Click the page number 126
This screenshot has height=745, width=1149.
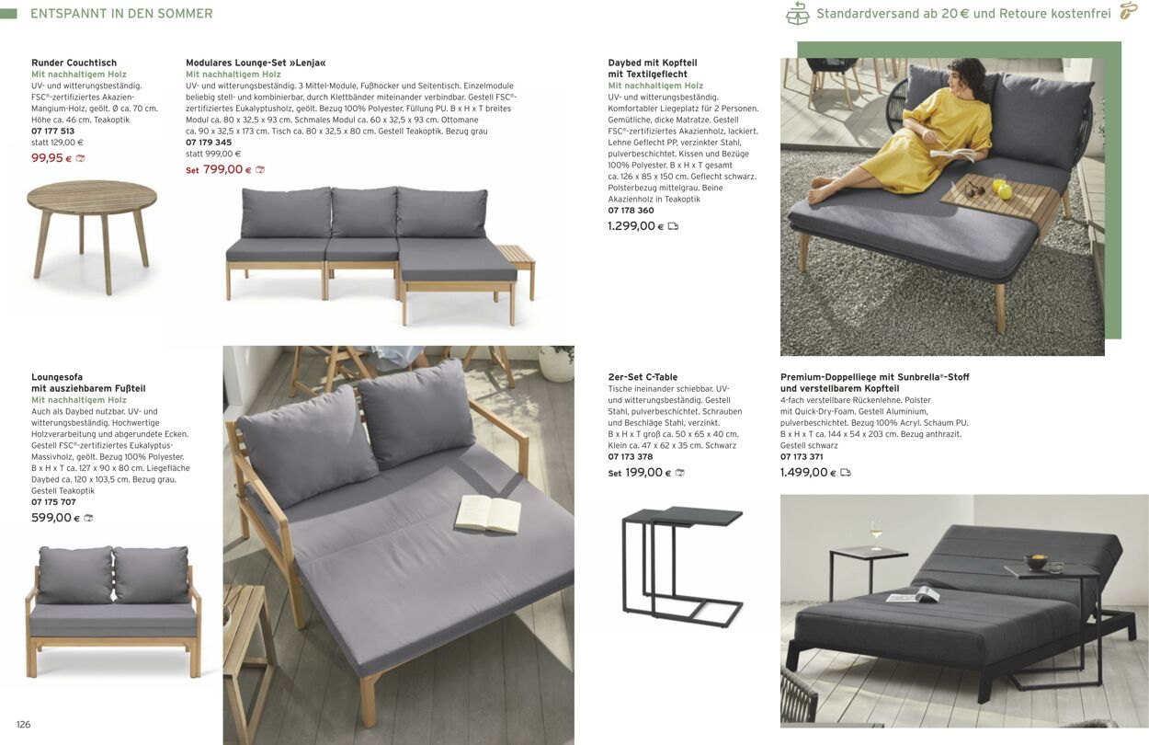[x=24, y=725]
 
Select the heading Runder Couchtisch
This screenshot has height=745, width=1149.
[x=74, y=63]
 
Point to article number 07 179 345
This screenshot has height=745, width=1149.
[x=209, y=143]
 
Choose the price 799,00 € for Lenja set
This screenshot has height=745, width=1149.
[x=222, y=169]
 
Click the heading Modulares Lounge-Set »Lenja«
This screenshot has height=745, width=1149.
[x=256, y=63]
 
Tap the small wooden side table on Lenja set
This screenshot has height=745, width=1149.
[x=516, y=255]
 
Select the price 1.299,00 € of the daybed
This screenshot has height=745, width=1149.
[x=631, y=226]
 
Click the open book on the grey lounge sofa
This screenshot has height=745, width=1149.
[x=488, y=513]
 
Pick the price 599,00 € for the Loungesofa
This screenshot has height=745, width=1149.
[x=51, y=518]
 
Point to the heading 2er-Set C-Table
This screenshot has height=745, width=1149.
[x=643, y=377]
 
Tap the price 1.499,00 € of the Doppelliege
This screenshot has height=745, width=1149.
[x=804, y=473]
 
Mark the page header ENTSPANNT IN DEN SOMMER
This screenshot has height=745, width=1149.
[x=121, y=14]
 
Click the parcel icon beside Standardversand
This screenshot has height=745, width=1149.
[x=797, y=14]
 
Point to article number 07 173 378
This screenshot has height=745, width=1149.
[x=630, y=457]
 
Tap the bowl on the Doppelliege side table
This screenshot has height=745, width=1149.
[x=1038, y=560]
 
